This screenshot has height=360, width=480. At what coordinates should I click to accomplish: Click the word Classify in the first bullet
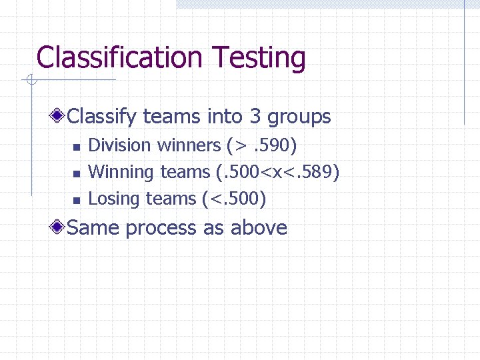coord(103,117)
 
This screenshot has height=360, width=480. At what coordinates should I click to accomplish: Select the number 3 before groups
coord(255,117)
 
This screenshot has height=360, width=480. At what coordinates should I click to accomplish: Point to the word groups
coord(299,117)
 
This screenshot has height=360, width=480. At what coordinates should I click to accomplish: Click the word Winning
coord(121,172)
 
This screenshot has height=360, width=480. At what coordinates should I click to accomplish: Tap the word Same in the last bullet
coord(94,228)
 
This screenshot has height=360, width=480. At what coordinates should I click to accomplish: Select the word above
coord(259,228)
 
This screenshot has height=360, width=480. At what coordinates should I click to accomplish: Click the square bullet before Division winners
coord(76,147)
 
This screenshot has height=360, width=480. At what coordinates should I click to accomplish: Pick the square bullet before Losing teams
coord(76,200)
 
